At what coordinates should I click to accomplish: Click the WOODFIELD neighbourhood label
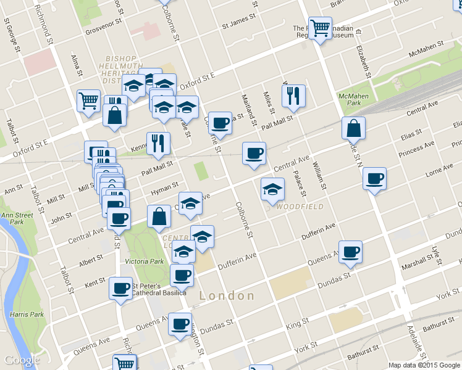[300, 207]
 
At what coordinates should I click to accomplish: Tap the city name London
[227, 296]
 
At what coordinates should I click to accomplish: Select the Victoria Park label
[145, 261]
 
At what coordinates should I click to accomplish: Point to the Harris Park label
[27, 314]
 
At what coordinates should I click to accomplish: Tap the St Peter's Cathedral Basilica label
[159, 289]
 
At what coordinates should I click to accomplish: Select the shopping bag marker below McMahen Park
[353, 129]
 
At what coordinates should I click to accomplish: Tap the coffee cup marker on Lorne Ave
[374, 179]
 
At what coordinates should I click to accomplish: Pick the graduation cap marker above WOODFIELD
[272, 191]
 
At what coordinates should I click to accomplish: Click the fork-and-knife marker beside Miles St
[293, 96]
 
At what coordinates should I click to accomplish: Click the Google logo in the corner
[22, 360]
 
